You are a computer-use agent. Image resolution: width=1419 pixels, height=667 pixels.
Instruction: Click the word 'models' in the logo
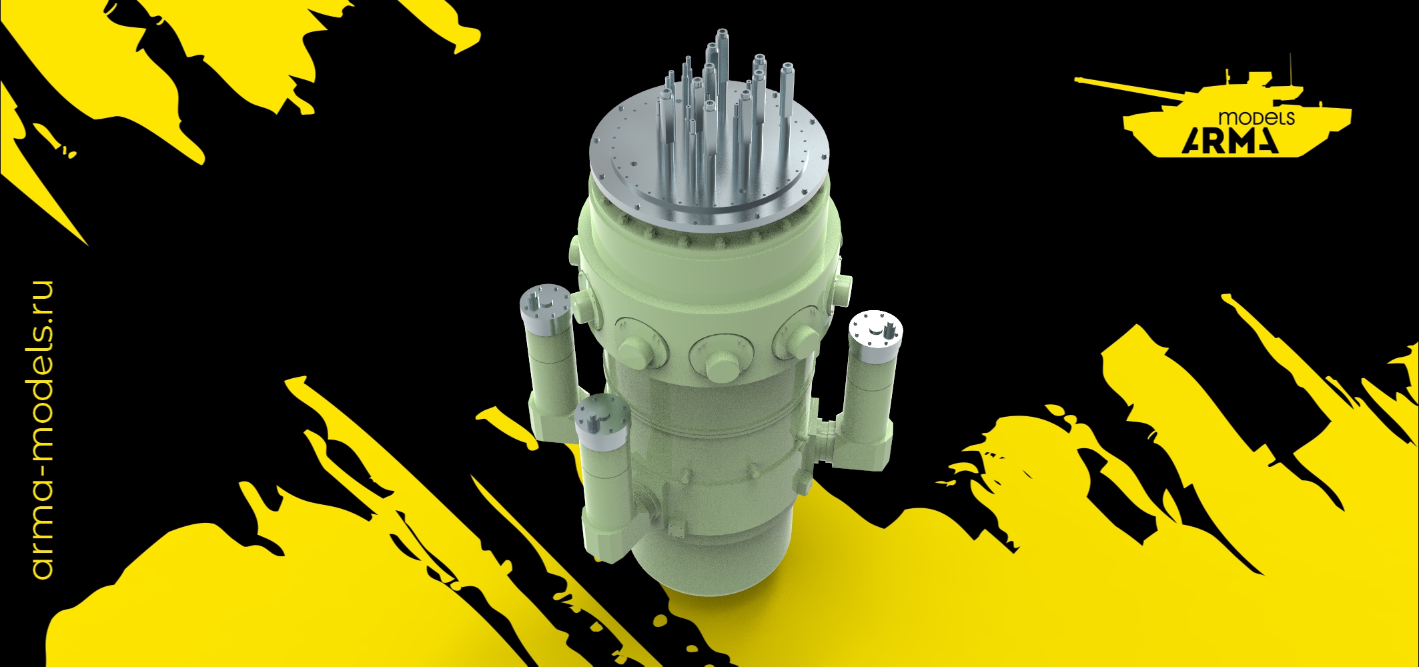(1256, 118)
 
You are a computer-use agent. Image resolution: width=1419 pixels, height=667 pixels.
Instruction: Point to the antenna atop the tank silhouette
(1292, 67)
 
